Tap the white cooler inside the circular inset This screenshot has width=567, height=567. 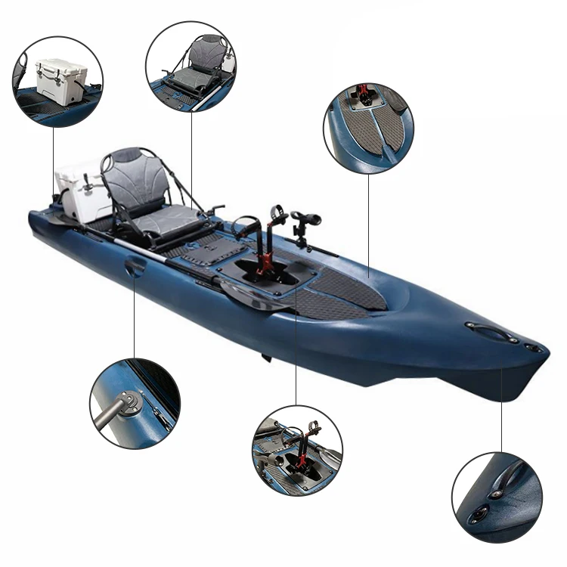(60, 79)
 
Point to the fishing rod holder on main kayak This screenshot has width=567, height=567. (303, 224)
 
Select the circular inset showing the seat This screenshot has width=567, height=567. (191, 67)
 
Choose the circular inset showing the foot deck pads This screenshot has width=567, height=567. (369, 129)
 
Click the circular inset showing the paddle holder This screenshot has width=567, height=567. (135, 403)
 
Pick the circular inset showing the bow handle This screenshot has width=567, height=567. (497, 497)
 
